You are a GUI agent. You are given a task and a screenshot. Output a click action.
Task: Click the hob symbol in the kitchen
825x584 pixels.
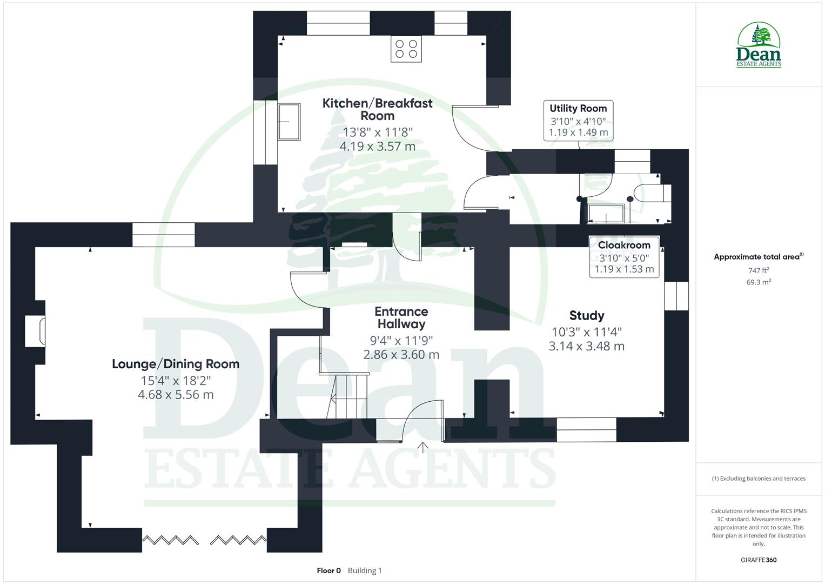click(406, 49)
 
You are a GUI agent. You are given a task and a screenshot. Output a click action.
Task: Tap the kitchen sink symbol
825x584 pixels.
click(289, 122)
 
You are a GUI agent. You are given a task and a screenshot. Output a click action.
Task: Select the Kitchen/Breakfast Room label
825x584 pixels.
click(377, 109)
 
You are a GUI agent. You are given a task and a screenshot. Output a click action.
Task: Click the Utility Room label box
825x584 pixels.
click(578, 120)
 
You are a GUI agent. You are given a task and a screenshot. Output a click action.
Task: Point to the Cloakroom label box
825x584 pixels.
click(624, 257)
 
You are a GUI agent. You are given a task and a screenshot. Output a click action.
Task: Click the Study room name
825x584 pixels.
click(587, 315)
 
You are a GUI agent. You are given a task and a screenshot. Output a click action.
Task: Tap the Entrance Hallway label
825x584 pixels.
click(401, 318)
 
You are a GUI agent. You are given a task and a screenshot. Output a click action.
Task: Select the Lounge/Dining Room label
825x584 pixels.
click(176, 364)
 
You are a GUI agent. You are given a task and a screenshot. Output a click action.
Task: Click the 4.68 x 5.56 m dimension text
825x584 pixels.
click(176, 395)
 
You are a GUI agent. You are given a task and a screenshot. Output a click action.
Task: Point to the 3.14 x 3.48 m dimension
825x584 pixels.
click(587, 346)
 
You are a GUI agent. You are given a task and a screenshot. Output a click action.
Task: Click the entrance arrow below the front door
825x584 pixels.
click(422, 447)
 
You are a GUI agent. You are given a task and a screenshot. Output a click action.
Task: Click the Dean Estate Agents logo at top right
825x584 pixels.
click(759, 45)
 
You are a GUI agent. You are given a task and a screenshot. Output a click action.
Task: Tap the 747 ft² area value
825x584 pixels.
click(759, 270)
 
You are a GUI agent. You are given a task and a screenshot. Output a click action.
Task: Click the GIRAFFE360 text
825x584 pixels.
click(759, 560)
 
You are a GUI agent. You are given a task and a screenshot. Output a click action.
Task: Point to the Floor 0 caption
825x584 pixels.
click(328, 570)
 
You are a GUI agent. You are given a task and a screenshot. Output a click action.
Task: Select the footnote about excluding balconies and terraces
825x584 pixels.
click(759, 479)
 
